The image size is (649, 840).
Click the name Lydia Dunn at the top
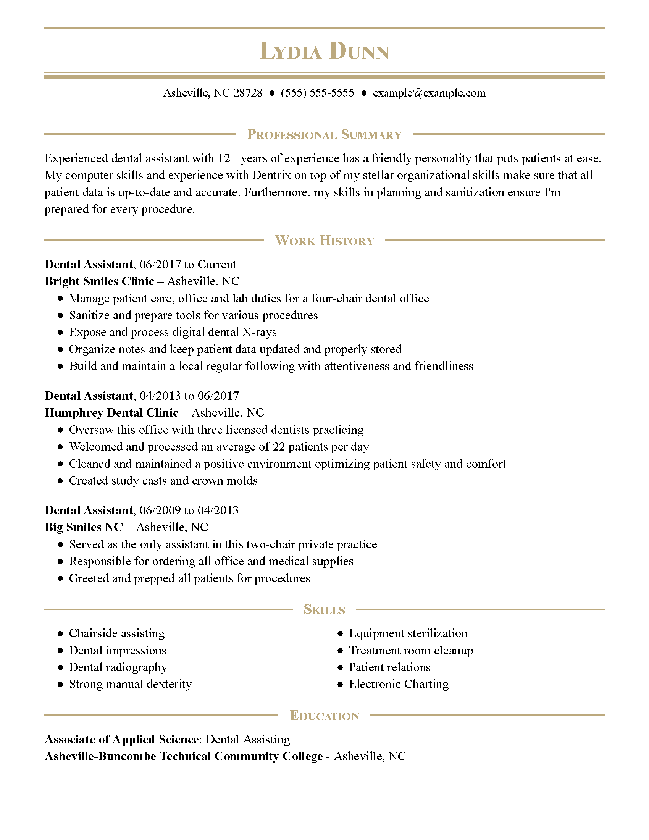pos(324,51)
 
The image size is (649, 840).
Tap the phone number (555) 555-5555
pos(317,93)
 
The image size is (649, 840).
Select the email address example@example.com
pos(429,93)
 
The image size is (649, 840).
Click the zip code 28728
pos(248,93)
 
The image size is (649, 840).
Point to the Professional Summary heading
pos(324,135)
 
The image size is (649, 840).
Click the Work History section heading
pos(324,241)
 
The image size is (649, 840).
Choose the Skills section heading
pos(324,610)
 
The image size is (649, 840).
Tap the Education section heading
pos(324,716)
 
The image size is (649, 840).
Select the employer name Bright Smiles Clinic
pos(99,281)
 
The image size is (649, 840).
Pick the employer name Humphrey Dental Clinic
pos(111,413)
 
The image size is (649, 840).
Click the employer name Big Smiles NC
pos(84,527)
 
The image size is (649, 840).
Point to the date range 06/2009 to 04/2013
pos(189,510)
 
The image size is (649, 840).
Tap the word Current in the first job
pos(217,265)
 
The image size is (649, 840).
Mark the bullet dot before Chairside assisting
pos(60,634)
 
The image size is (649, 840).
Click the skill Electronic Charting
pos(399,684)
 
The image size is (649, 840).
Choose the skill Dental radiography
pos(118,667)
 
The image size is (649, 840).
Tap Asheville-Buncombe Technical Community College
pos(184,756)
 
